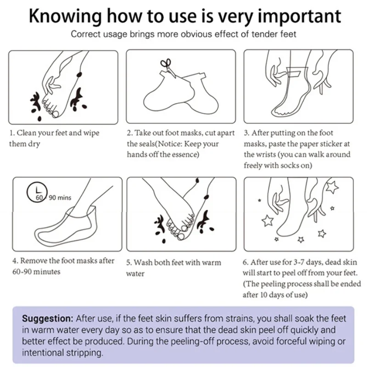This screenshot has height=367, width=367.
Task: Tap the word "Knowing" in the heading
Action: (65, 17)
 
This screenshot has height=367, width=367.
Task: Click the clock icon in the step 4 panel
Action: (37, 192)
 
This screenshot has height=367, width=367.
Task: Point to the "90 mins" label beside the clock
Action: (60, 198)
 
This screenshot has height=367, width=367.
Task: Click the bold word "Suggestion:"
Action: (48, 319)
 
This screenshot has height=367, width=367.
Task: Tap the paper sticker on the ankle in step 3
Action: (294, 72)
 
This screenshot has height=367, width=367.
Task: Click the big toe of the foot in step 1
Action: (56, 114)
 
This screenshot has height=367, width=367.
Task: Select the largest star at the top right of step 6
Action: (332, 187)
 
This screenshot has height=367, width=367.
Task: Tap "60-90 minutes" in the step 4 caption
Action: (36, 272)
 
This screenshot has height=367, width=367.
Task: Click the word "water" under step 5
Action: (135, 273)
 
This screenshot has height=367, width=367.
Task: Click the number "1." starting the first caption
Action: (12, 133)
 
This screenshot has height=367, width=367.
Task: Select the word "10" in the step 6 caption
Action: (263, 295)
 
